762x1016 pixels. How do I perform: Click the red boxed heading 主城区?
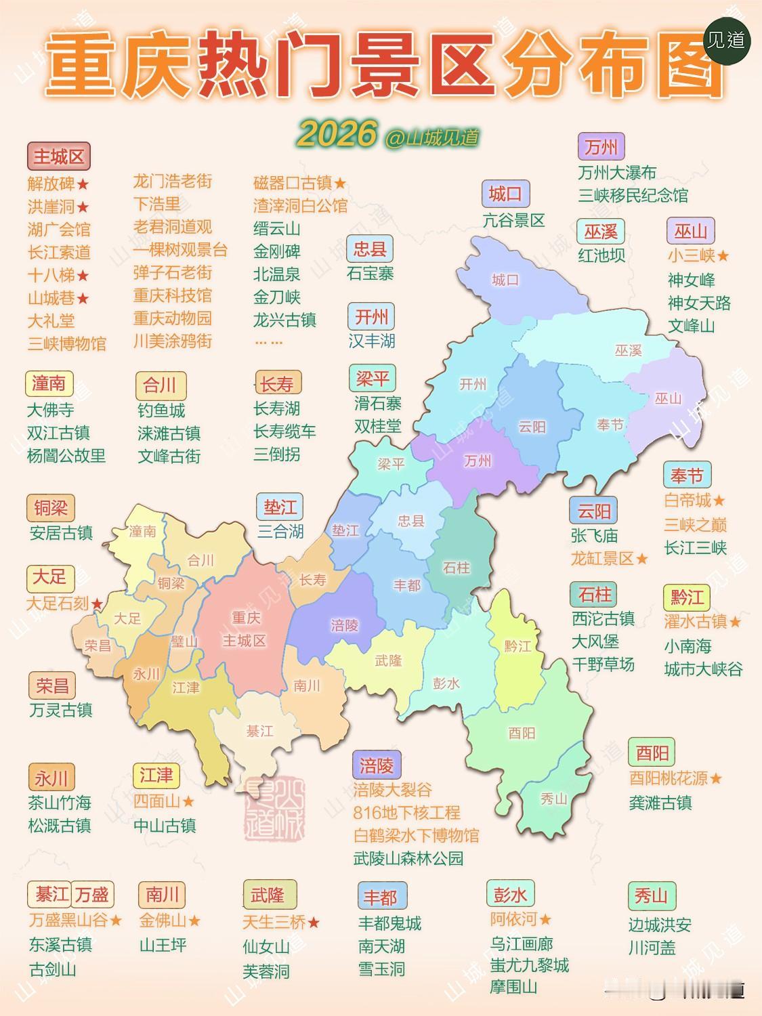59,157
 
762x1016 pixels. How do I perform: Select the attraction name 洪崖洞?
51,207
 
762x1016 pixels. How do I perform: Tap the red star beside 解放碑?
83,184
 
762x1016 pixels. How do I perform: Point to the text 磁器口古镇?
292,183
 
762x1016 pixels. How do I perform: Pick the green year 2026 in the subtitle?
336,135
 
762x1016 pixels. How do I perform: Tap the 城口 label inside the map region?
505,280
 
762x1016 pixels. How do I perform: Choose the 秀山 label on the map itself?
553,799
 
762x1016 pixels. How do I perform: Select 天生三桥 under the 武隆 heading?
274,922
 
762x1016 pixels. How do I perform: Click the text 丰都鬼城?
389,923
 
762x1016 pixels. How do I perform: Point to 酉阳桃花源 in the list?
669,778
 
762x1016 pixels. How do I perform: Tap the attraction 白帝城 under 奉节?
687,501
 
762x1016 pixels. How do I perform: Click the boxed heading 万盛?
92,895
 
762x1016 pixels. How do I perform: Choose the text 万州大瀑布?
617,173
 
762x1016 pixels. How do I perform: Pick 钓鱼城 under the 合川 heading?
161,410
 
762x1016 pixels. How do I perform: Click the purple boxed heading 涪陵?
377,766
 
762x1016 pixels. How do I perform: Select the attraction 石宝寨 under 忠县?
370,274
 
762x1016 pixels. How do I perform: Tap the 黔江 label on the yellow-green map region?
517,646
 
